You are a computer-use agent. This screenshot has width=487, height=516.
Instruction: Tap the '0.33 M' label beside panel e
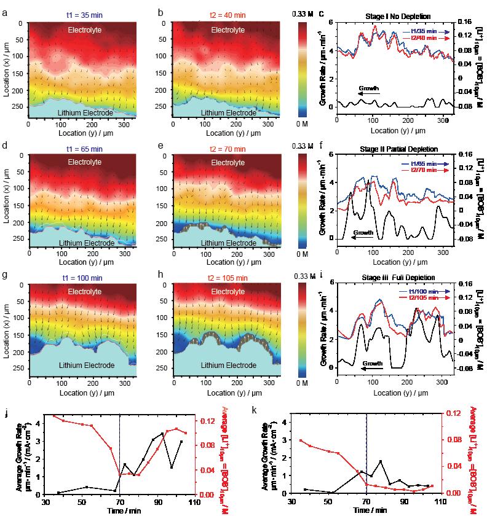[298, 146]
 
